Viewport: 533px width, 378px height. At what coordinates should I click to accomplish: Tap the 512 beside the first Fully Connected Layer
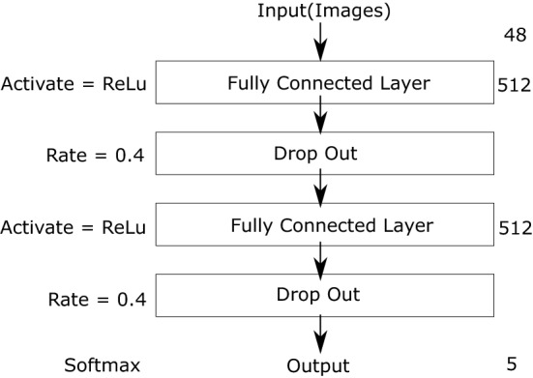tap(514, 84)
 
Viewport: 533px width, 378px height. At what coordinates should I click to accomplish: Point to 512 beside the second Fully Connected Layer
tap(514, 228)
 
